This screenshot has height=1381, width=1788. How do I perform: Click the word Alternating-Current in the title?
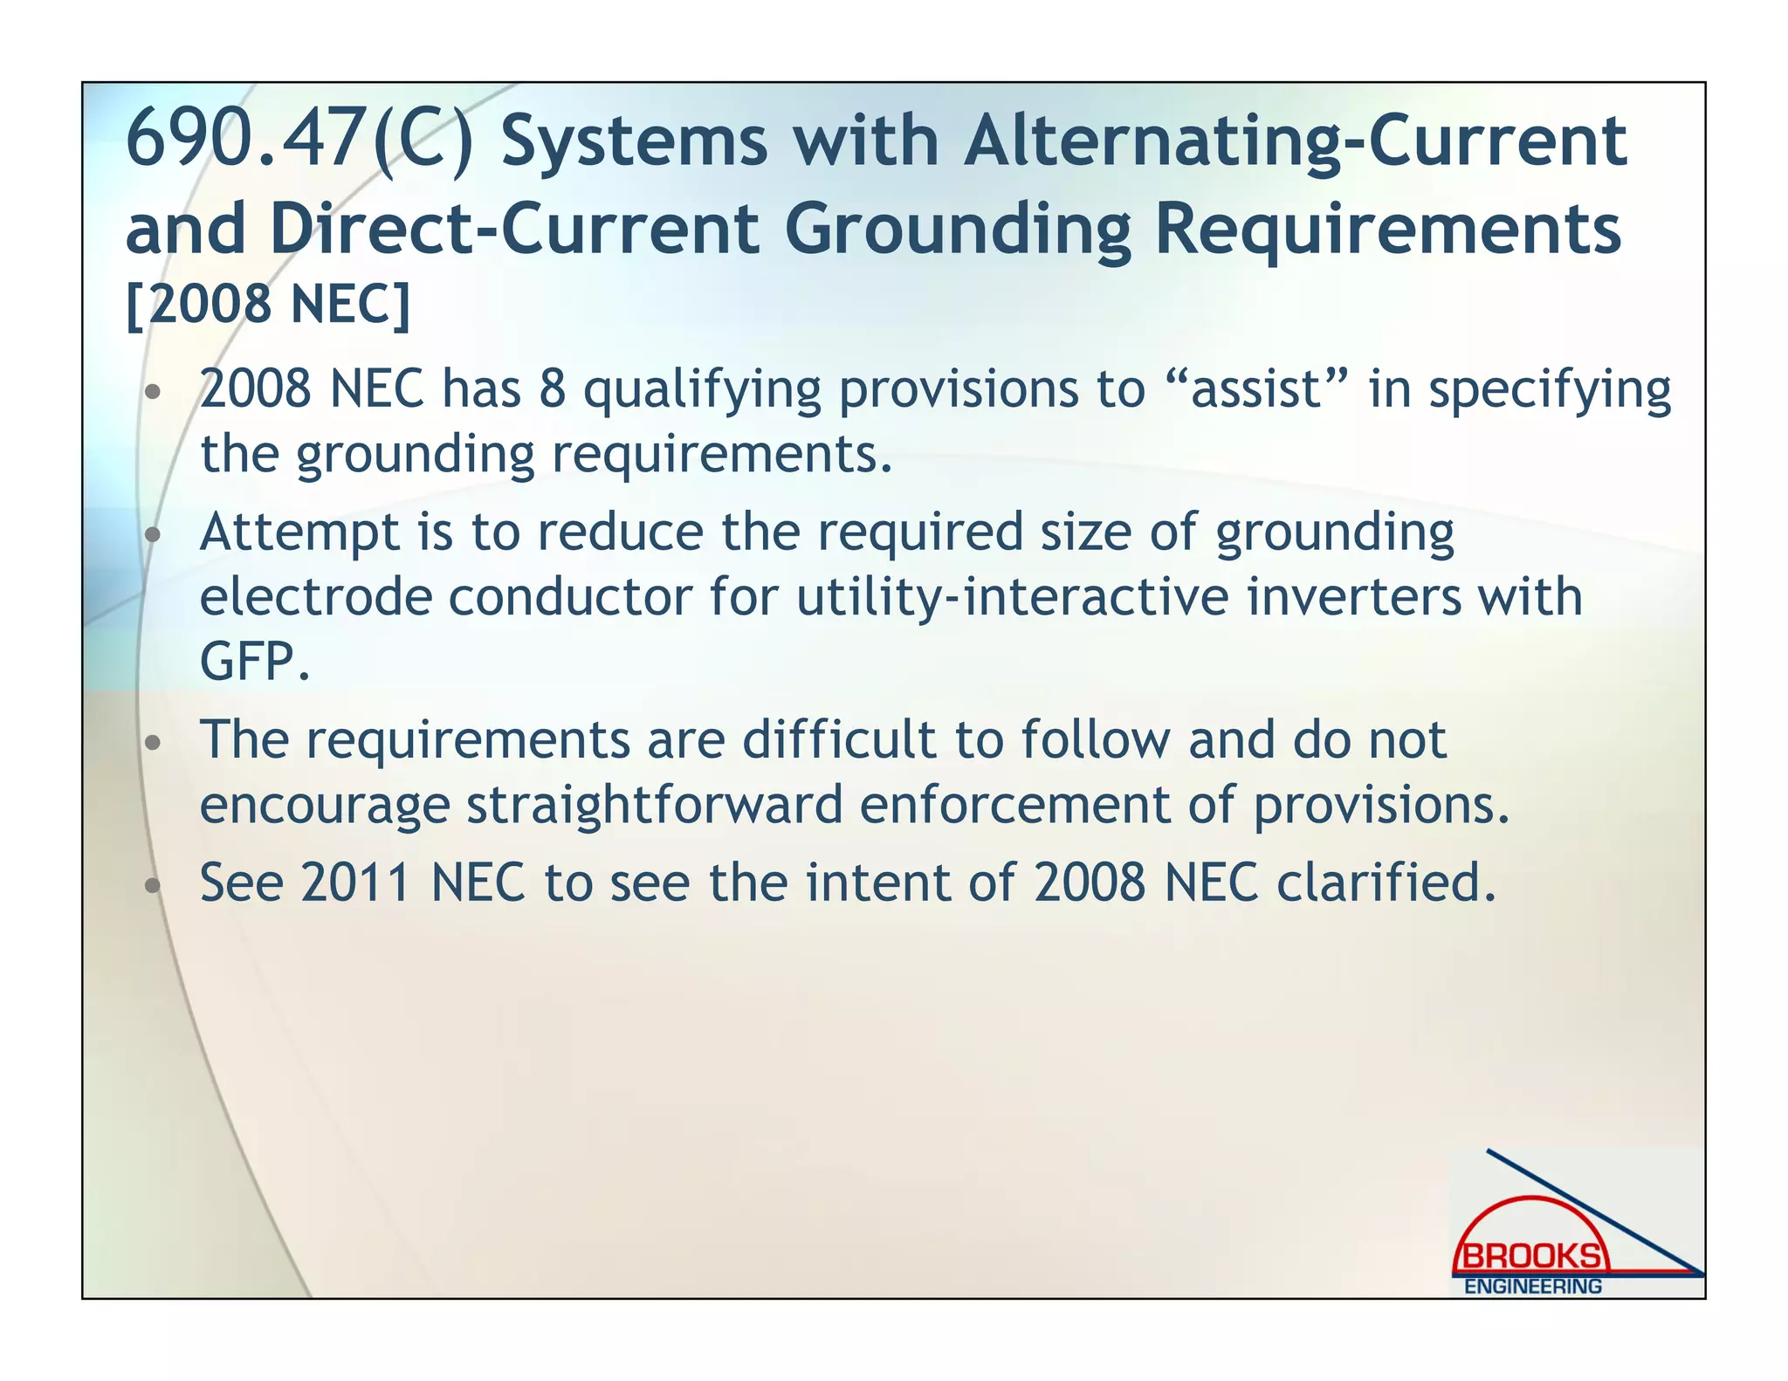click(x=1295, y=141)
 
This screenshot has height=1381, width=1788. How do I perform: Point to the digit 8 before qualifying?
click(x=552, y=388)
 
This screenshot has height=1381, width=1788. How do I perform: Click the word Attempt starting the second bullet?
click(x=299, y=532)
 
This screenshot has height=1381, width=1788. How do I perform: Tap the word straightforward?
click(x=654, y=805)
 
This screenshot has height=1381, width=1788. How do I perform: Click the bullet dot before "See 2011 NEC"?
click(x=154, y=887)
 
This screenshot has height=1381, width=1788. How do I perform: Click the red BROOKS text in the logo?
click(x=1532, y=1257)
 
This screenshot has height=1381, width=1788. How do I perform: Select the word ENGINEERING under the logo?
click(x=1532, y=1287)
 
